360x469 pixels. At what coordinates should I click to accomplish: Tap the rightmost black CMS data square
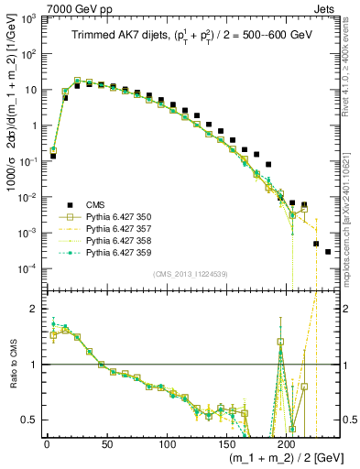click(x=328, y=251)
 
